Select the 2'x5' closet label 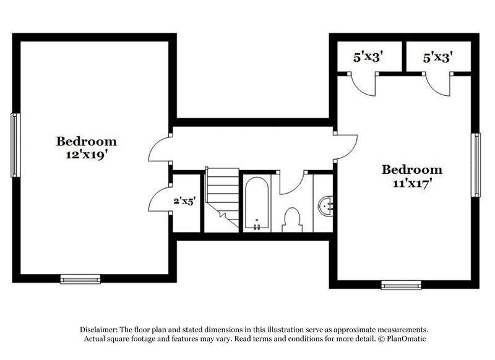coord(185,200)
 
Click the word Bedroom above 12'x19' coord(87,140)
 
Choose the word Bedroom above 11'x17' coord(412,169)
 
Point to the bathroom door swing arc coord(294,182)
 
